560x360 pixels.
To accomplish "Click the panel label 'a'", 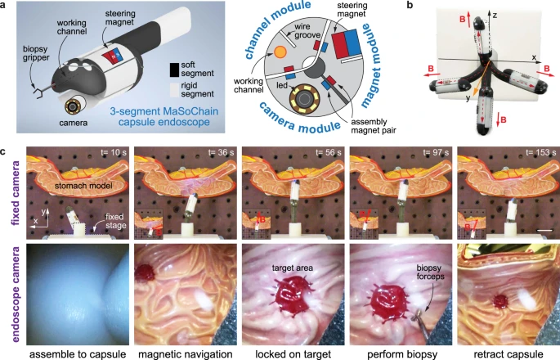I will [7, 7].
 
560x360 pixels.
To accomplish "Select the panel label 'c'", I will [7, 151].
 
